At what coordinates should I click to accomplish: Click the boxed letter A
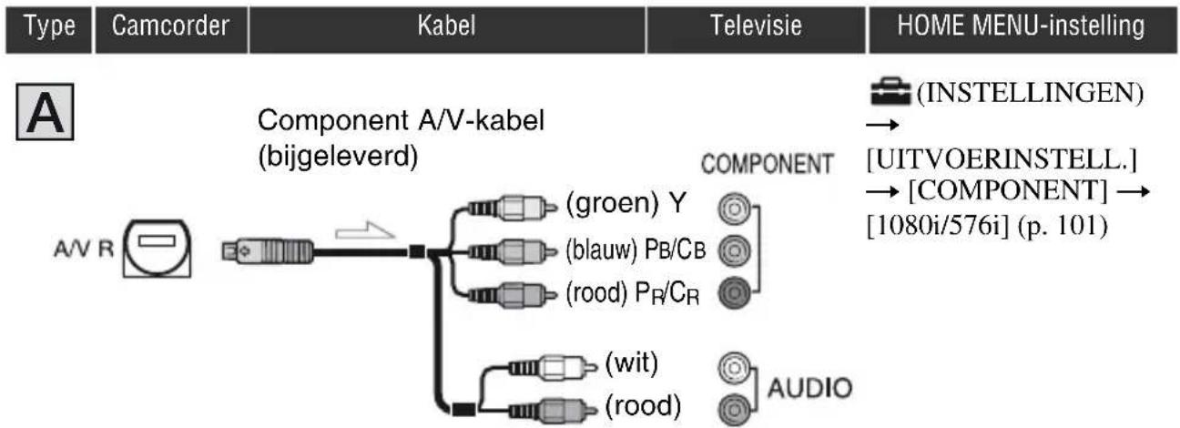pyautogui.click(x=45, y=112)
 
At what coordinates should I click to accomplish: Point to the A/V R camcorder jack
pyautogui.click(x=157, y=248)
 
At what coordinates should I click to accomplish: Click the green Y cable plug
pyautogui.click(x=512, y=208)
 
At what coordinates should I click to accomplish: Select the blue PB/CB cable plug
pyautogui.click(x=512, y=251)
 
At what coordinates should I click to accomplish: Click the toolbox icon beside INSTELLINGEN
pyautogui.click(x=890, y=92)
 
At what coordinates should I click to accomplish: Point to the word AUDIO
pyautogui.click(x=809, y=388)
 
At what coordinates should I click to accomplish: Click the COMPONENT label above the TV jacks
pyautogui.click(x=767, y=164)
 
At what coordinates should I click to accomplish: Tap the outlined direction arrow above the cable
pyautogui.click(x=364, y=230)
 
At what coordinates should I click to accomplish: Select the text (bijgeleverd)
pyautogui.click(x=338, y=157)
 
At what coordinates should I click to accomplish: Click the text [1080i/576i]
pyautogui.click(x=938, y=226)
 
